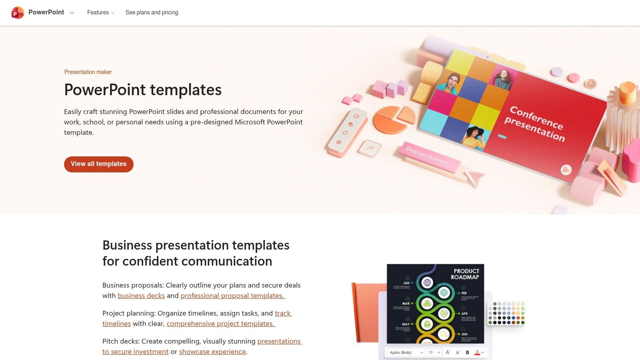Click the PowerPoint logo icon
18,13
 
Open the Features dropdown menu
100,13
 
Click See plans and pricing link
152,13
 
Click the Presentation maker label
88,72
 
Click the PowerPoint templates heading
143,90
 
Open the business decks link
141,296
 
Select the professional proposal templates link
232,296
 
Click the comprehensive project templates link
221,324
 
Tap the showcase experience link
212,352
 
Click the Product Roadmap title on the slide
465,274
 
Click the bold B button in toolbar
467,352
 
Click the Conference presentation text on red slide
535,124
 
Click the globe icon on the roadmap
427,283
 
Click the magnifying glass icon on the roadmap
444,334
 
